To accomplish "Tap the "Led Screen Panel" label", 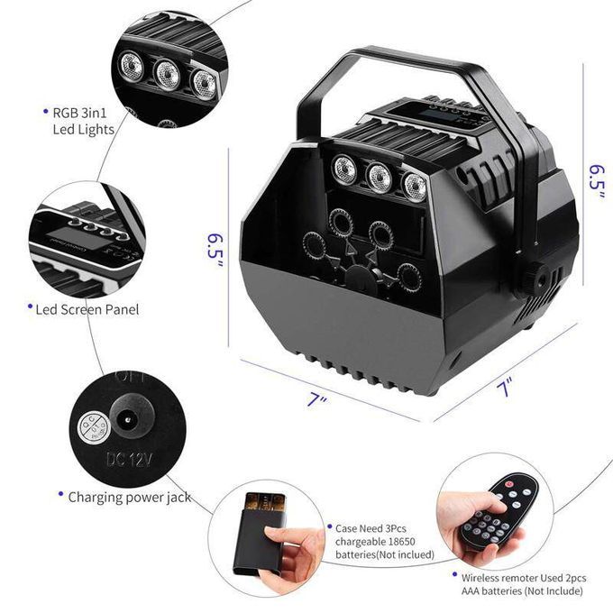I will pyautogui.click(x=87, y=309).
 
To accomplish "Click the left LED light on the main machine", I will pyautogui.click(x=344, y=168).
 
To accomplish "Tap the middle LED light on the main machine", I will pyautogui.click(x=378, y=176).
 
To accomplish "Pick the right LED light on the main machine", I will pyautogui.click(x=414, y=185).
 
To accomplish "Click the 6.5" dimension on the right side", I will pyautogui.click(x=596, y=181).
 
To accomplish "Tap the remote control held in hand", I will pyautogui.click(x=499, y=512).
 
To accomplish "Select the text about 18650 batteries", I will pyautogui.click(x=383, y=540).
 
